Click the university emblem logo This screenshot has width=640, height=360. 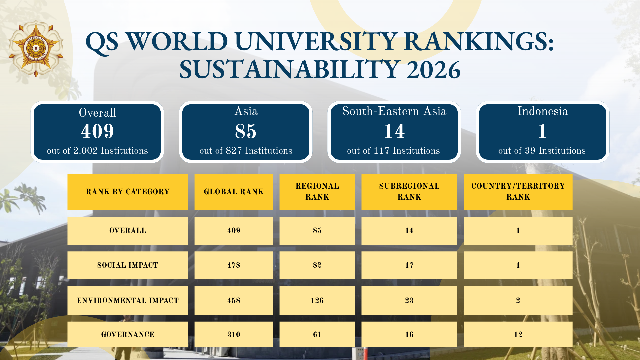point(36,48)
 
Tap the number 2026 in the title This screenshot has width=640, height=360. point(433,70)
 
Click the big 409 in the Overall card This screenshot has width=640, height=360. point(97,131)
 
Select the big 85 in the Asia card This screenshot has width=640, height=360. point(246,131)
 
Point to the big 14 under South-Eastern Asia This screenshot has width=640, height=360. point(394,131)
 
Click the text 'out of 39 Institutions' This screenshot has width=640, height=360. point(542,151)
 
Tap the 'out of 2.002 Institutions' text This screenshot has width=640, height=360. point(97,151)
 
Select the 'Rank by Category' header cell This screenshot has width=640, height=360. point(128,192)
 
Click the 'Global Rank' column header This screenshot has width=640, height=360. point(234,192)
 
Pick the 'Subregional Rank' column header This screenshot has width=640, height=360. point(409,192)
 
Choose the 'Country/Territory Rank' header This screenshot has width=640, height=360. point(518,192)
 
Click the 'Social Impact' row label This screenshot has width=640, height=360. point(128,265)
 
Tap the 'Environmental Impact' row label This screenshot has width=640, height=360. point(128,300)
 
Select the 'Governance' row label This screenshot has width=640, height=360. point(128,334)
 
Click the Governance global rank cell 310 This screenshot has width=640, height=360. point(234,334)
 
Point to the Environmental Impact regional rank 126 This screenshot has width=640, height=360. point(317,300)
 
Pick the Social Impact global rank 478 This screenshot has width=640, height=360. point(234,265)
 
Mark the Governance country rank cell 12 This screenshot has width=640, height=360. point(518,334)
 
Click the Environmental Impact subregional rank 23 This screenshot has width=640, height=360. point(409,300)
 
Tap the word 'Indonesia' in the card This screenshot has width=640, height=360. point(543,111)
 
